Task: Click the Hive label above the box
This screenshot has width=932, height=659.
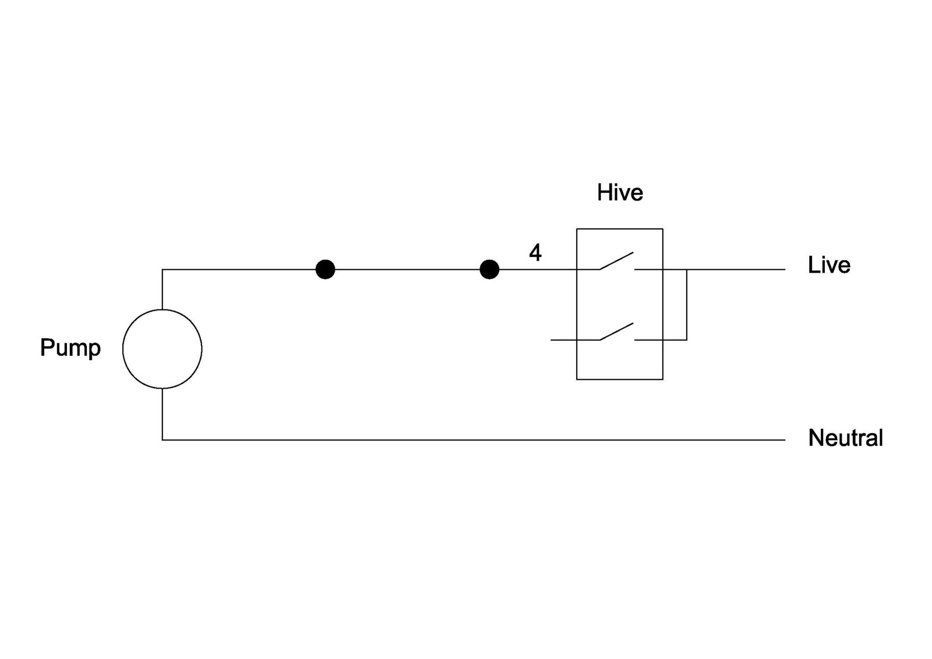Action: click(620, 193)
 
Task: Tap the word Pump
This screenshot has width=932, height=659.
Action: click(70, 348)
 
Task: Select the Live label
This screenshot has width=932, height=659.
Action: click(829, 265)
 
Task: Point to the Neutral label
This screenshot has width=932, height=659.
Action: click(845, 438)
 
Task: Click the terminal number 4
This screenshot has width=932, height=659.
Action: click(535, 252)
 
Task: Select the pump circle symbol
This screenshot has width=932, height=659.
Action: click(163, 309)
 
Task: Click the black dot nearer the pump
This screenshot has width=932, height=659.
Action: click(326, 269)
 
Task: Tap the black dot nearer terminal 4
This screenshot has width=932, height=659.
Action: click(489, 269)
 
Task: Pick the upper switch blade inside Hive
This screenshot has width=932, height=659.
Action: click(616, 260)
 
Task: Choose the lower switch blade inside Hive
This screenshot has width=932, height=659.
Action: click(616, 332)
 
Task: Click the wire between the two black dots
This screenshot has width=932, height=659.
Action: click(407, 269)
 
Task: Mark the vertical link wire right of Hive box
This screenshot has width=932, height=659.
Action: click(687, 305)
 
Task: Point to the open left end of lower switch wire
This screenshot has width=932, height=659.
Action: click(551, 340)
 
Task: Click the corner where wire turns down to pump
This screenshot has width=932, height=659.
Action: click(163, 269)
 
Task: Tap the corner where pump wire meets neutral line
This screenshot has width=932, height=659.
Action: click(163, 439)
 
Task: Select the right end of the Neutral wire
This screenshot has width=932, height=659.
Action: click(785, 439)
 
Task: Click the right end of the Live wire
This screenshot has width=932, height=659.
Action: click(785, 269)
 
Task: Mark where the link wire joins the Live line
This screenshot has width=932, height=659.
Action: click(687, 269)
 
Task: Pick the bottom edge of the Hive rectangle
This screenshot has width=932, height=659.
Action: click(620, 379)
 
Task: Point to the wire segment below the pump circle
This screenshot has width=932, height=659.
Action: click(163, 414)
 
